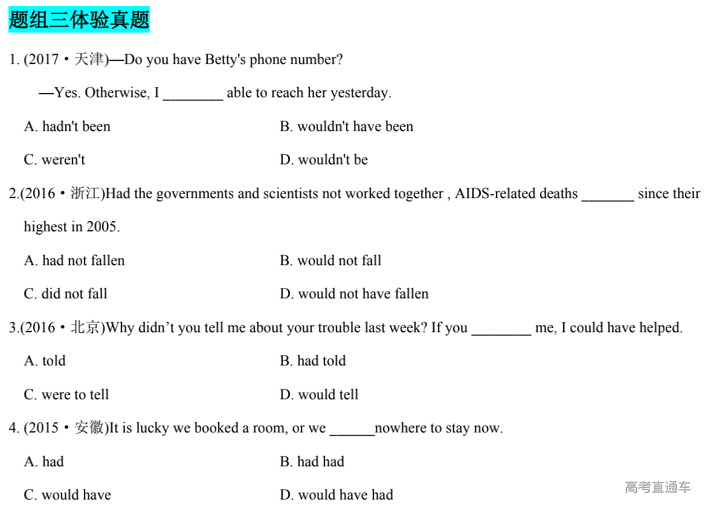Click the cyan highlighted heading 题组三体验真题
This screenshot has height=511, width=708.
(x=79, y=20)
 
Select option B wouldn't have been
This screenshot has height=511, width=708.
(x=346, y=126)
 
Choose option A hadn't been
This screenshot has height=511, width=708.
(x=67, y=126)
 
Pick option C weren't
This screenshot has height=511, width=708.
(x=54, y=160)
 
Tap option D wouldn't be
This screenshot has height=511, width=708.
(x=324, y=160)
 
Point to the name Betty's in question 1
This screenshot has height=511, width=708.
(x=225, y=60)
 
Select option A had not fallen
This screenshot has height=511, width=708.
(x=74, y=260)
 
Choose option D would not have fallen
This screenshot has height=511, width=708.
(x=354, y=294)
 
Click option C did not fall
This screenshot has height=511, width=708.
(x=65, y=294)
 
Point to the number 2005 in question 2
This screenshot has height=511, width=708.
(x=102, y=227)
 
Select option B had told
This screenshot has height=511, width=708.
(x=313, y=361)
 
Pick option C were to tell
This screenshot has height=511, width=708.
(x=66, y=395)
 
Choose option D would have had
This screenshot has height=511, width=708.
(x=336, y=495)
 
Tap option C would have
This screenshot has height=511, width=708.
(x=67, y=495)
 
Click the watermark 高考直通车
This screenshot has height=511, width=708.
(x=657, y=487)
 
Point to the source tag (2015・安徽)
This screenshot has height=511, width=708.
(x=65, y=428)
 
